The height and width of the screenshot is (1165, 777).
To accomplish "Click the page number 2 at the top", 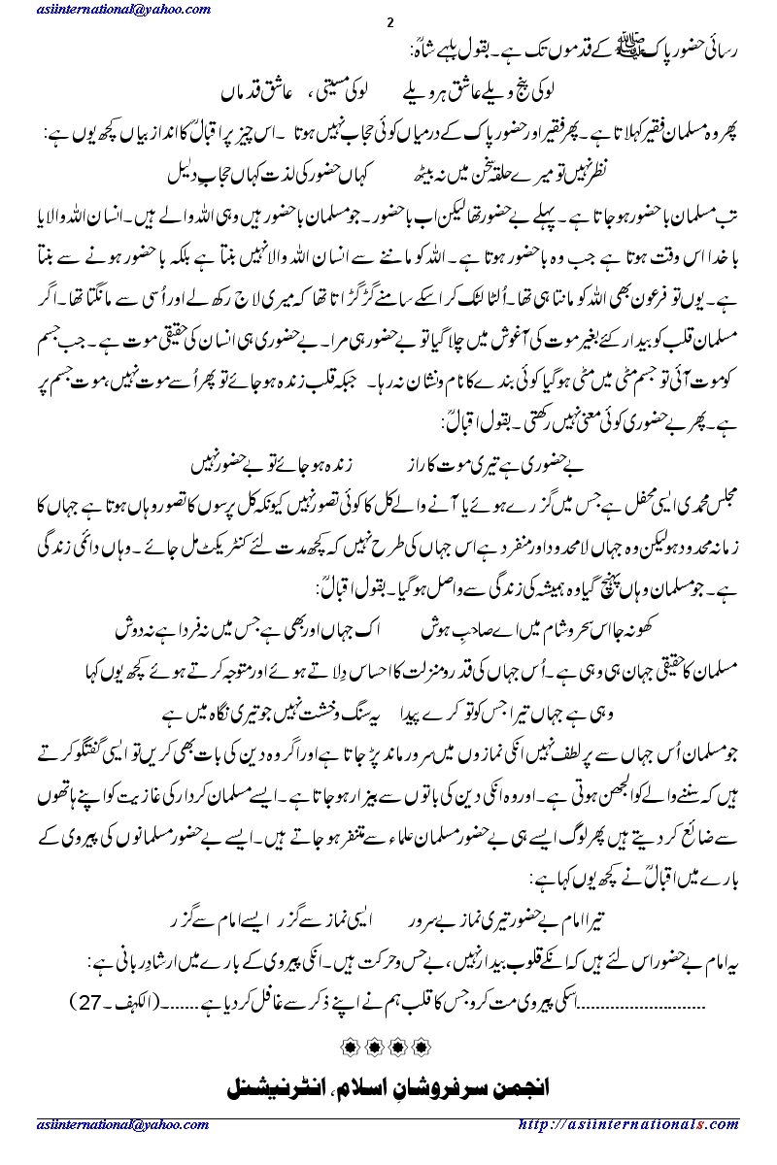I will tap(389, 23).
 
